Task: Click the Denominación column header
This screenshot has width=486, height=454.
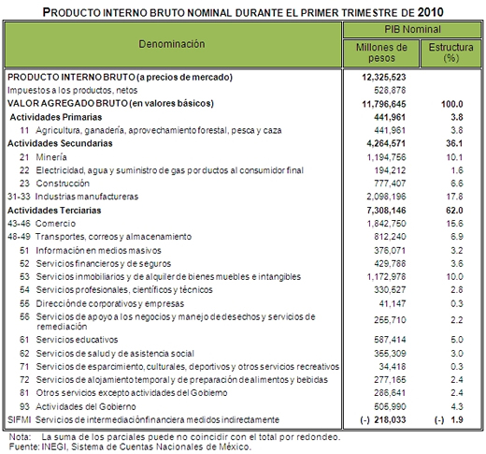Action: pos(172,44)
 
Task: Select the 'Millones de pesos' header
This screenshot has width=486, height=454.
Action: pos(381,52)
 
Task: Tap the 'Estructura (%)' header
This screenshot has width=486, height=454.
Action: pos(450,52)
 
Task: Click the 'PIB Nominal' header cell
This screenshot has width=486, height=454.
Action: pos(412,29)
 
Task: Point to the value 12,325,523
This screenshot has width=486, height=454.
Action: pos(384,77)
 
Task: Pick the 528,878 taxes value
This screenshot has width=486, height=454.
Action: pos(390,90)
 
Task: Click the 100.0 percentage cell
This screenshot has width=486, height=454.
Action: pos(452,104)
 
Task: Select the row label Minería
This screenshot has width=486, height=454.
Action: pos(51,157)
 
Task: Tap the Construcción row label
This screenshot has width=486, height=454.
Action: pos(63,183)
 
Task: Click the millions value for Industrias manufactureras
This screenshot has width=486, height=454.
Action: pos(386,197)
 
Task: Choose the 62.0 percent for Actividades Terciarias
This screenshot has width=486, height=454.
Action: pos(454,211)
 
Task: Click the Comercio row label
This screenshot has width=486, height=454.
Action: pos(55,224)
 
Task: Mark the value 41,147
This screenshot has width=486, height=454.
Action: pos(393,303)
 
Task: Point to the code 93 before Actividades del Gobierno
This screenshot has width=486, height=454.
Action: pos(24,406)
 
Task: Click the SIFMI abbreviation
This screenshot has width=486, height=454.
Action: pos(19,419)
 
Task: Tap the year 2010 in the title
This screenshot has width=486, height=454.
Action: pos(430,12)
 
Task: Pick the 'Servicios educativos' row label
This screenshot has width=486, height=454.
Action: pos(77,340)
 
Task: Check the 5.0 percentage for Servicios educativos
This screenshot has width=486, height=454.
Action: pos(457,340)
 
